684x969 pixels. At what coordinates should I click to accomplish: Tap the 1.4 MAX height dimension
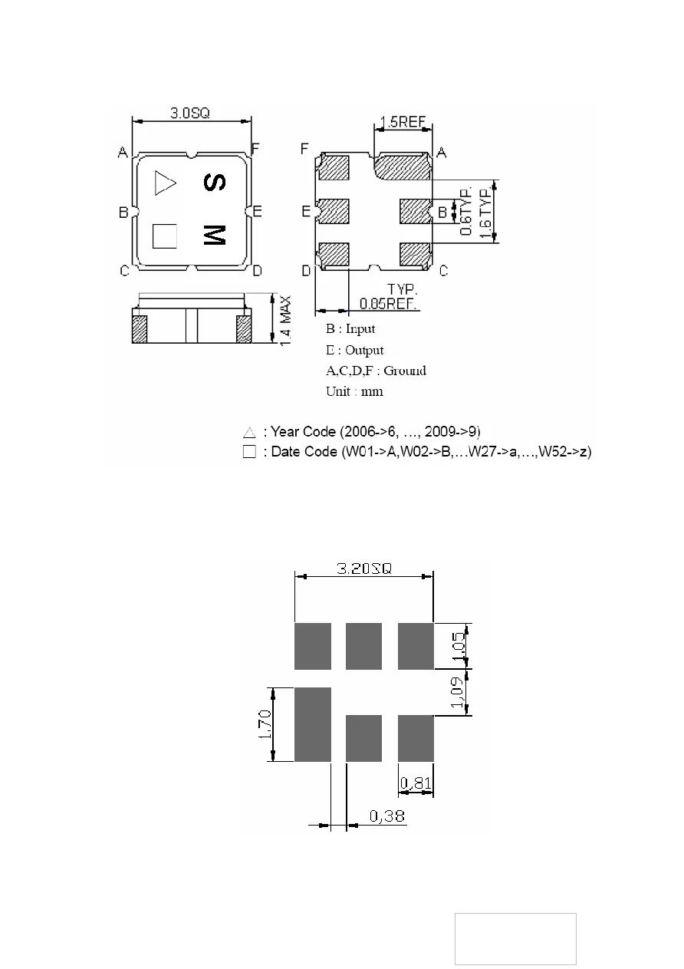pos(286,318)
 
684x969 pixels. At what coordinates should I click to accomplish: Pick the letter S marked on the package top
pos(215,183)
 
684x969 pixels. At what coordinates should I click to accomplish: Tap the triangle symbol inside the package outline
pos(164,183)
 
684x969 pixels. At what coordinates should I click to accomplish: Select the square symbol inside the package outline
pos(164,236)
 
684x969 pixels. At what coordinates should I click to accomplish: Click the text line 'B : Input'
pos(350,329)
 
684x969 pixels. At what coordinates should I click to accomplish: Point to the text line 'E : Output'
pos(354,350)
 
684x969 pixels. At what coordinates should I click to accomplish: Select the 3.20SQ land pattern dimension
pos(364,569)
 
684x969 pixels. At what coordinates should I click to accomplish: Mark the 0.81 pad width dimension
pos(416,783)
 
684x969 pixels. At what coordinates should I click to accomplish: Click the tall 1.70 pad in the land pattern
pos(312,724)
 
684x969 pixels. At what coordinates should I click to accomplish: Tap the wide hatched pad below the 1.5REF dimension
pos(402,166)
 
